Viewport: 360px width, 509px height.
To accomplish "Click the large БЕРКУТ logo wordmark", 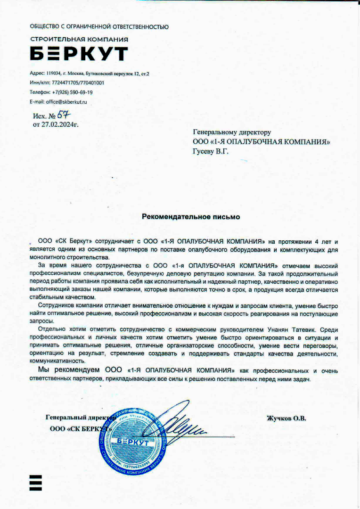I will pos(79,54).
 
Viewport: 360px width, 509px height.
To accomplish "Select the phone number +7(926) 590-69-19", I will pos(72,92).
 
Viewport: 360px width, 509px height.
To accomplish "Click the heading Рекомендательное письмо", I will pos(191,217).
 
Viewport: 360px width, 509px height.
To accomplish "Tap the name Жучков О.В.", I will pos(286,418).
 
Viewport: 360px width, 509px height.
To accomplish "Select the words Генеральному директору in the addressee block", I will pos(232,132).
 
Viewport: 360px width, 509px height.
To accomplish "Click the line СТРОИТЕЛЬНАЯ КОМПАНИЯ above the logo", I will pos(79,39).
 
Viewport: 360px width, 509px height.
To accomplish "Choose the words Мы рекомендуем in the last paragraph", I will pos(69,370).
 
